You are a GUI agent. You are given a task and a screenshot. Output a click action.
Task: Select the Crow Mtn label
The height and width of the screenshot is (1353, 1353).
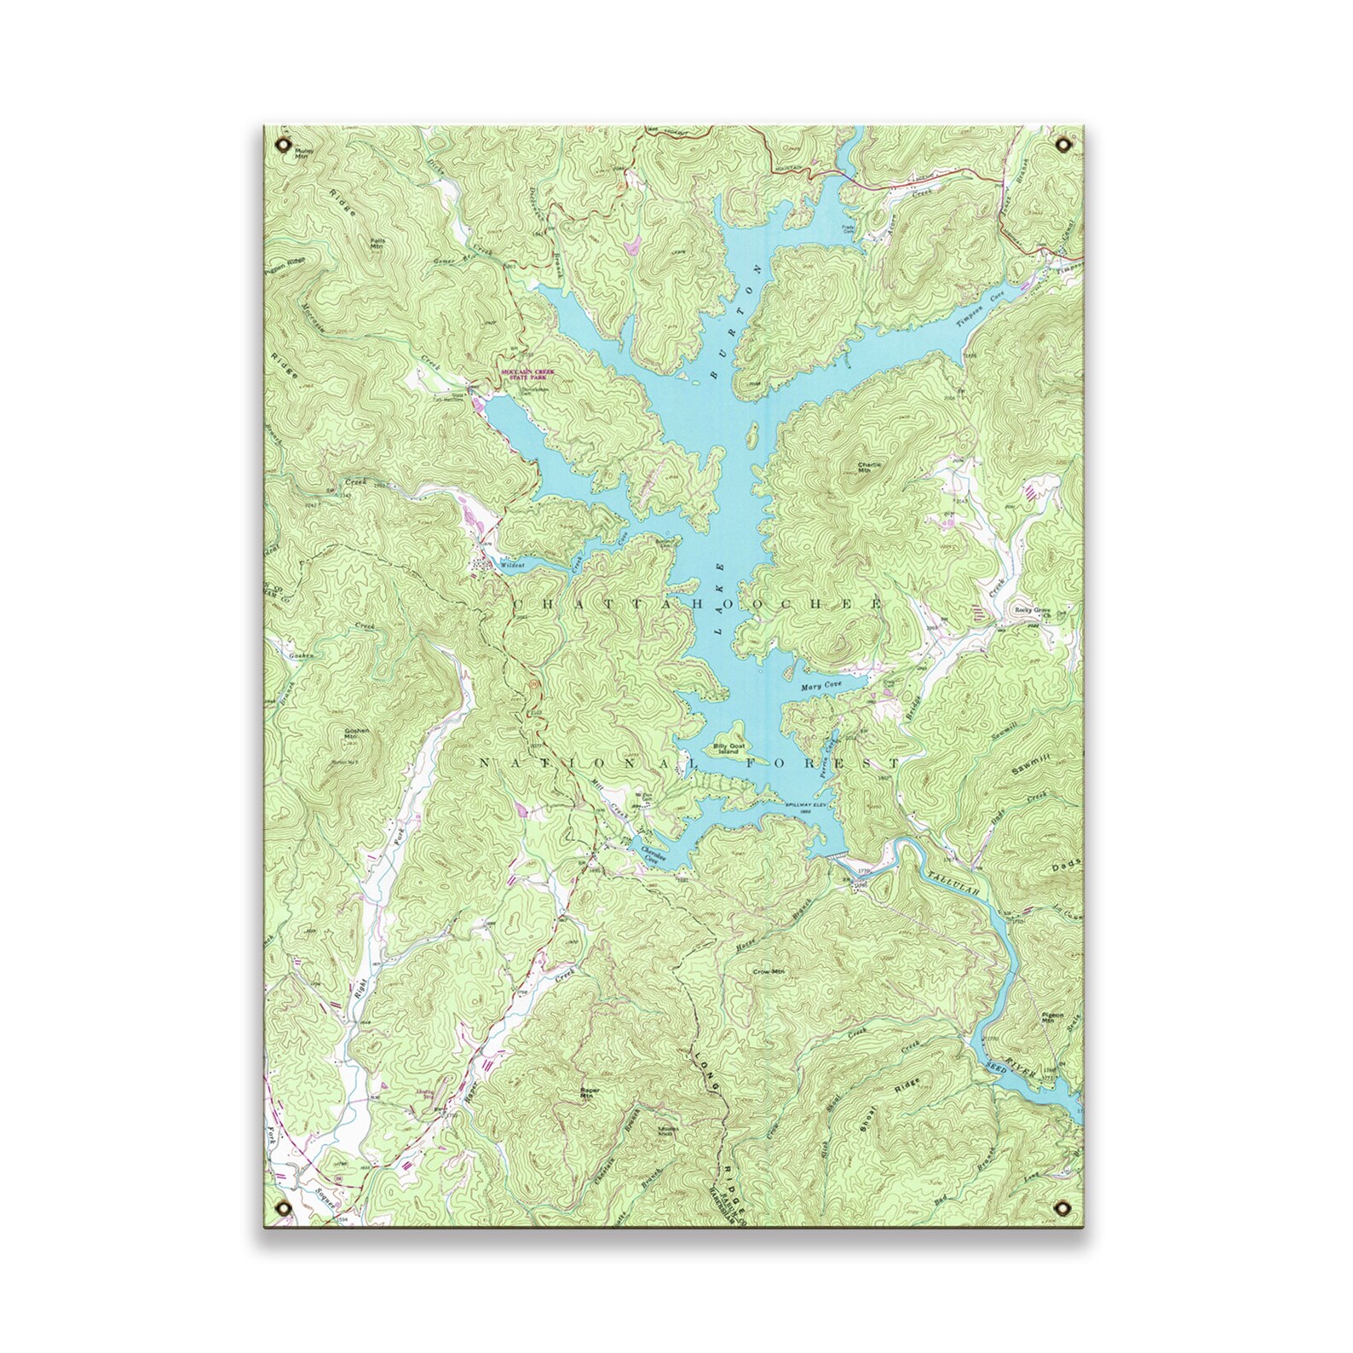(768, 970)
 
